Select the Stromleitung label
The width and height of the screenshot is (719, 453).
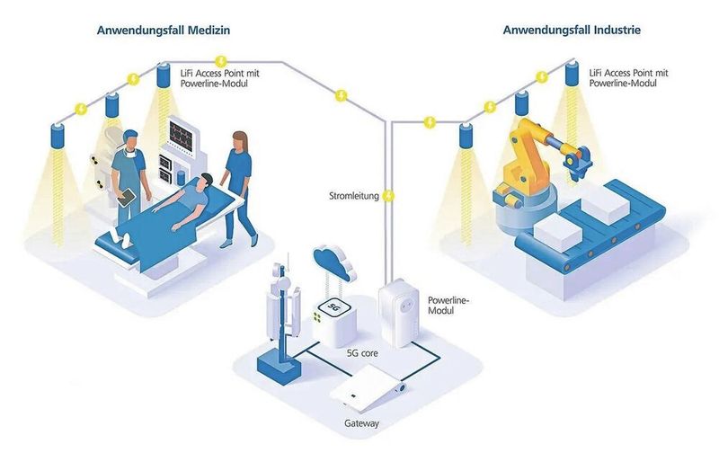click(352, 195)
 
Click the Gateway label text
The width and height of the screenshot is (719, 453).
click(362, 422)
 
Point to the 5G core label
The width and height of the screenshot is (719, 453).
click(363, 353)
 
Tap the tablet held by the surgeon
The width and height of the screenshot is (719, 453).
click(128, 195)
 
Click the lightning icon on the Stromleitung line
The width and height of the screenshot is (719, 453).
click(389, 195)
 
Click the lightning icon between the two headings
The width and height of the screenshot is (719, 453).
click(341, 93)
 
